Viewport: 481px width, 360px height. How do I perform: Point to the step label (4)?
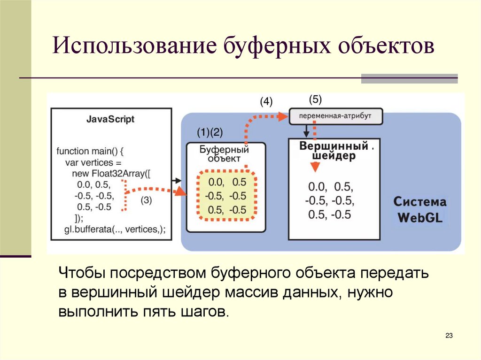[x=266, y=102]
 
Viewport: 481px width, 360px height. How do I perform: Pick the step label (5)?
[x=315, y=99]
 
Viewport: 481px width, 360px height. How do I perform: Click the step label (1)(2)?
[x=210, y=132]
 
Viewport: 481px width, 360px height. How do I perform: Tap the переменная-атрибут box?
[x=335, y=116]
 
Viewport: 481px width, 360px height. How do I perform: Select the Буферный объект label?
[x=224, y=154]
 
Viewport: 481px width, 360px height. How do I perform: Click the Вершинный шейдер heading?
[x=334, y=150]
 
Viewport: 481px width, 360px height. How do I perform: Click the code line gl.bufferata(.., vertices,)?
[x=115, y=229]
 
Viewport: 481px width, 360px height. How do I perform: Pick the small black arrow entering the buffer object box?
[x=176, y=181]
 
